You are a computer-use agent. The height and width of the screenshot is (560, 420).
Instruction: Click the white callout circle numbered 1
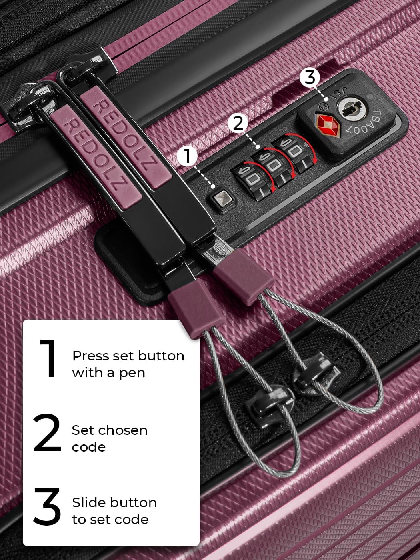188,156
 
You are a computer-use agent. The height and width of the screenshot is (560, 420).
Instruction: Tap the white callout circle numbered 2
238,124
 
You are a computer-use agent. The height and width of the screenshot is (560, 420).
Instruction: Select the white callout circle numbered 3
310,77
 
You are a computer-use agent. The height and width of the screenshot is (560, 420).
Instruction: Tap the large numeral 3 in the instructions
48,507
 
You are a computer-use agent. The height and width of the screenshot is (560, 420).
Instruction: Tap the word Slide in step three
89,502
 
